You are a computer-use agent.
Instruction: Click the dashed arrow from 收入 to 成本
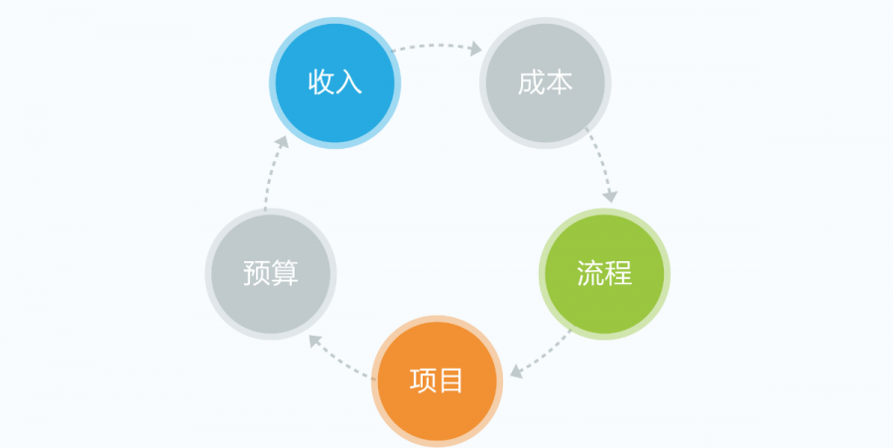tap(437, 46)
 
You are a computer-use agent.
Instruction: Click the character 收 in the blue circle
tap(321, 81)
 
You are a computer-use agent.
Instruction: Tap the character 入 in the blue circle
tap(349, 81)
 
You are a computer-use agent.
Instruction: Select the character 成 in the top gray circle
tap(532, 81)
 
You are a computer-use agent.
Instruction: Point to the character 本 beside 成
tap(560, 81)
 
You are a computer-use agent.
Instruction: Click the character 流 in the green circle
tap(590, 272)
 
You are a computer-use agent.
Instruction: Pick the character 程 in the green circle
tap(618, 272)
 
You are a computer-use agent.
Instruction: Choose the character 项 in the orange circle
tap(424, 379)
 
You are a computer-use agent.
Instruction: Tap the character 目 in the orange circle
tap(451, 379)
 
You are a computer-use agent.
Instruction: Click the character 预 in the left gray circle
tap(256, 272)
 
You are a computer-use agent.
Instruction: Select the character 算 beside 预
tap(284, 272)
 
